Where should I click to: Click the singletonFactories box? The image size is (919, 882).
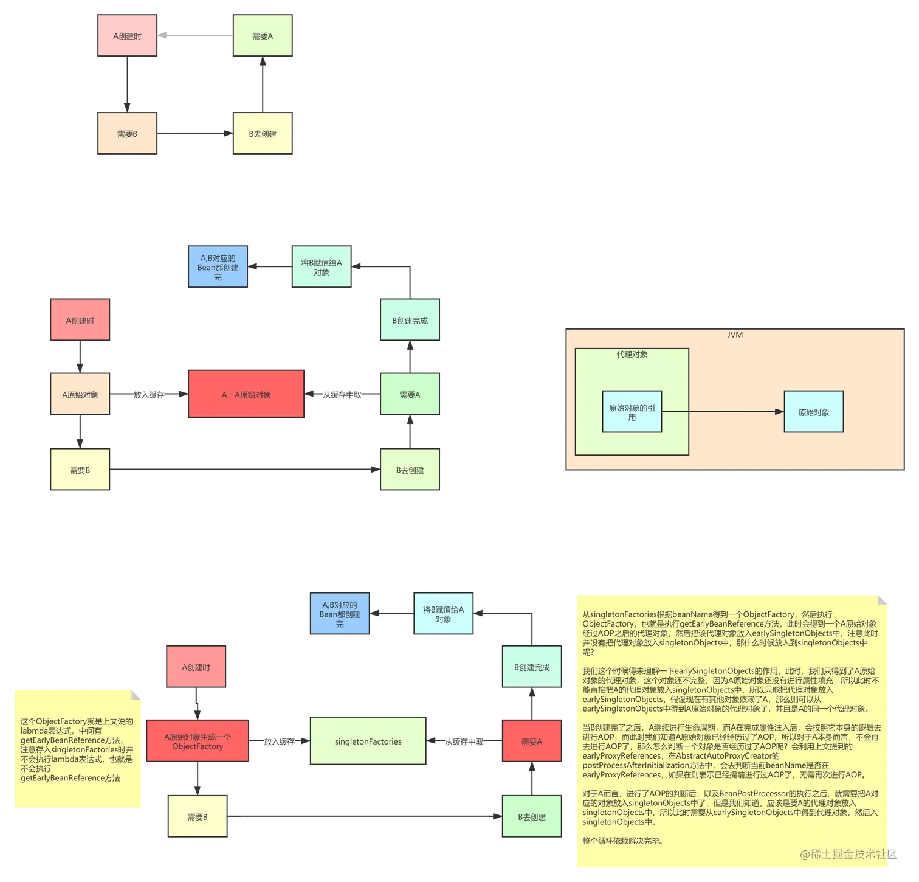pyautogui.click(x=368, y=741)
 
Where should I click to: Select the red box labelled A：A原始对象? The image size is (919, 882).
pyautogui.click(x=246, y=394)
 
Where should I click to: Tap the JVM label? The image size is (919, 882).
pyautogui.click(x=735, y=335)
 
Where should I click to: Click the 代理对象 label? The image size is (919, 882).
pyautogui.click(x=632, y=354)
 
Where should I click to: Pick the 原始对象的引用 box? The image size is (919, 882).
pyautogui.click(x=632, y=412)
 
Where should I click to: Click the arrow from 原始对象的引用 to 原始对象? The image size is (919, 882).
pyautogui.click(x=723, y=412)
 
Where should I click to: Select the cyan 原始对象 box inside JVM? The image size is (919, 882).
pyautogui.click(x=814, y=412)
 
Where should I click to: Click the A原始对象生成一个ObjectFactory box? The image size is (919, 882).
pyautogui.click(x=198, y=741)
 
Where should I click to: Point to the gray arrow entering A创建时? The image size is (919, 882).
pyautogui.click(x=195, y=35)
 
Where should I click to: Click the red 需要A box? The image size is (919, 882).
pyautogui.click(x=532, y=741)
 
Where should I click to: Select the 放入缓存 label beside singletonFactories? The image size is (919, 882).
pyautogui.click(x=280, y=741)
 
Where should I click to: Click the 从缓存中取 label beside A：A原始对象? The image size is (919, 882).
pyautogui.click(x=342, y=395)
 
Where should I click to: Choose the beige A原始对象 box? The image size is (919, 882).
pyautogui.click(x=80, y=394)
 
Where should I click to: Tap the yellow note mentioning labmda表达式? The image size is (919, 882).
pyautogui.click(x=78, y=749)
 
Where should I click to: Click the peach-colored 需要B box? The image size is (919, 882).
pyautogui.click(x=128, y=133)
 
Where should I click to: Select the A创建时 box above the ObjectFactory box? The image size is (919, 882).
pyautogui.click(x=196, y=667)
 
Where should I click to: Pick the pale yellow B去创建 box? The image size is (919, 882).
pyautogui.click(x=263, y=133)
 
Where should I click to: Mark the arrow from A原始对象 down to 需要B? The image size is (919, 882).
pyautogui.click(x=80, y=432)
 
